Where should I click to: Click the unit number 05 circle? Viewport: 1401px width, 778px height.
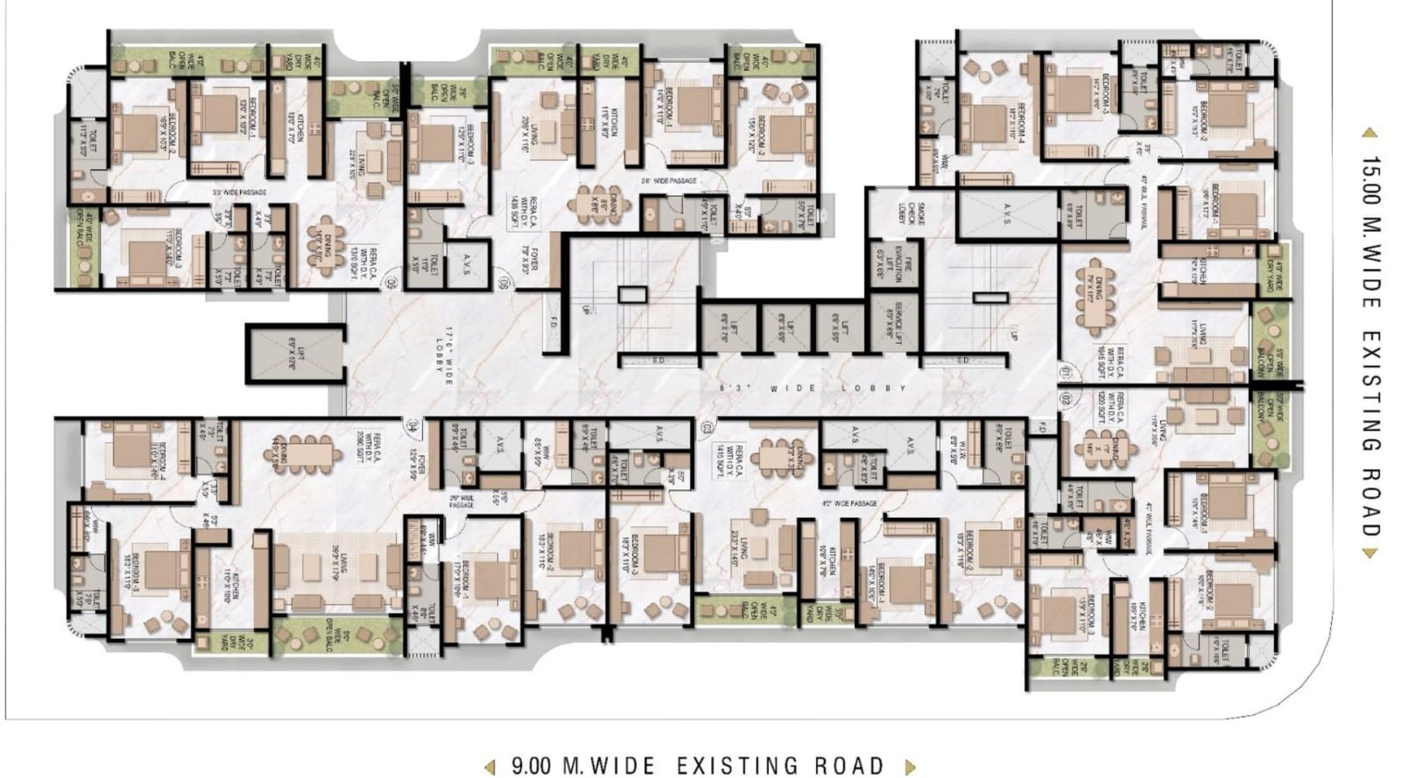(x=391, y=283)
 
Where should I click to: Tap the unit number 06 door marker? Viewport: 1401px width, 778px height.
(x=503, y=283)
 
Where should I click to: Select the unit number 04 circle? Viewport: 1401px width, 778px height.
(x=412, y=425)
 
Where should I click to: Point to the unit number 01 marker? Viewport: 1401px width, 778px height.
(x=1065, y=371)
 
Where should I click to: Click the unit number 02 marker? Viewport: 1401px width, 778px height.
(x=1065, y=398)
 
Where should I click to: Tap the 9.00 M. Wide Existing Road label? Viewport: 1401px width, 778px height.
(x=697, y=767)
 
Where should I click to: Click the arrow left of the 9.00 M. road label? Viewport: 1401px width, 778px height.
(x=491, y=767)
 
